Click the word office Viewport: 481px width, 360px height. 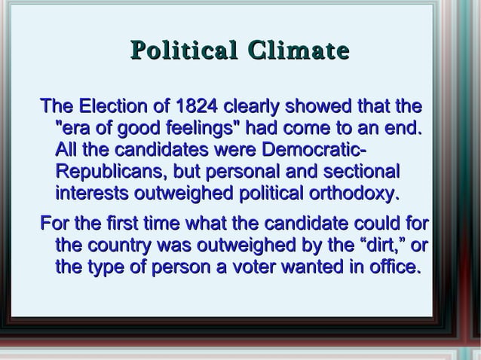(x=391, y=267)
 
